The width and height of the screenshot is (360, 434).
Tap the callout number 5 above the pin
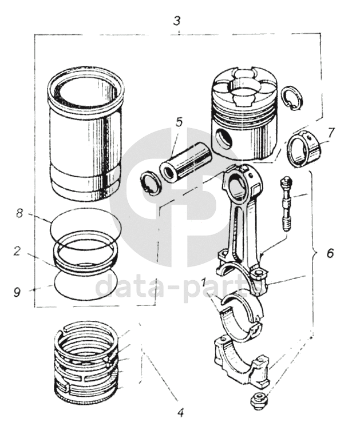[179, 122]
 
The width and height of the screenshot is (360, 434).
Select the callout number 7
[331, 133]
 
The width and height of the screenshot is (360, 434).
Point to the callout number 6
[330, 253]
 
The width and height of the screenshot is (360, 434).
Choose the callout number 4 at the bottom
[180, 412]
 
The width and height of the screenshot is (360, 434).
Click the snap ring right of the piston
[292, 97]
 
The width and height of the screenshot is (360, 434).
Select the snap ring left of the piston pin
[149, 182]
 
